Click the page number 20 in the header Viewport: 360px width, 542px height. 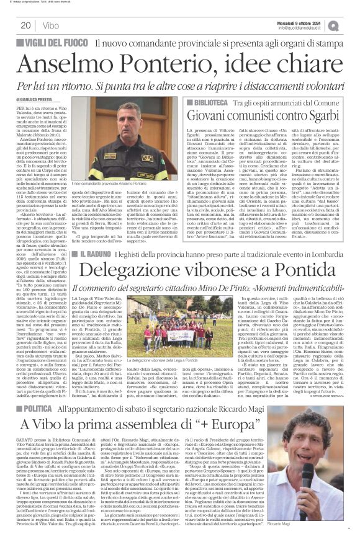25,25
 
